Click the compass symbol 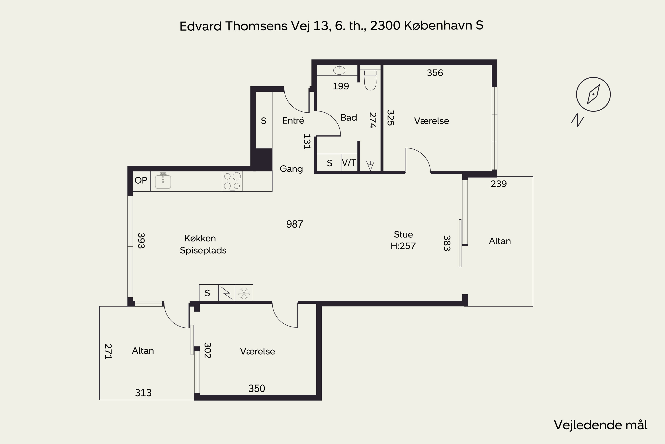click(593, 94)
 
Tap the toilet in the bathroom click(370, 80)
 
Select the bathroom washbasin click(339, 70)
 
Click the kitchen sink click(163, 181)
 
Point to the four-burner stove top click(232, 181)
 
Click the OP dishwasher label click(141, 180)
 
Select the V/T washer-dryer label click(349, 163)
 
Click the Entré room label click(293, 121)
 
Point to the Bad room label click(349, 117)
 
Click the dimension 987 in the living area click(295, 224)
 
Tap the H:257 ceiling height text click(403, 246)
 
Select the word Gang click(291, 169)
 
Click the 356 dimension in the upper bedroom click(435, 73)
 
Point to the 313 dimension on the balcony click(143, 393)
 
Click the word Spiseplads click(203, 251)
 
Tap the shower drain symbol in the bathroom click(370, 165)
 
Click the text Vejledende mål click(600, 425)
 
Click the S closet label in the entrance click(264, 121)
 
